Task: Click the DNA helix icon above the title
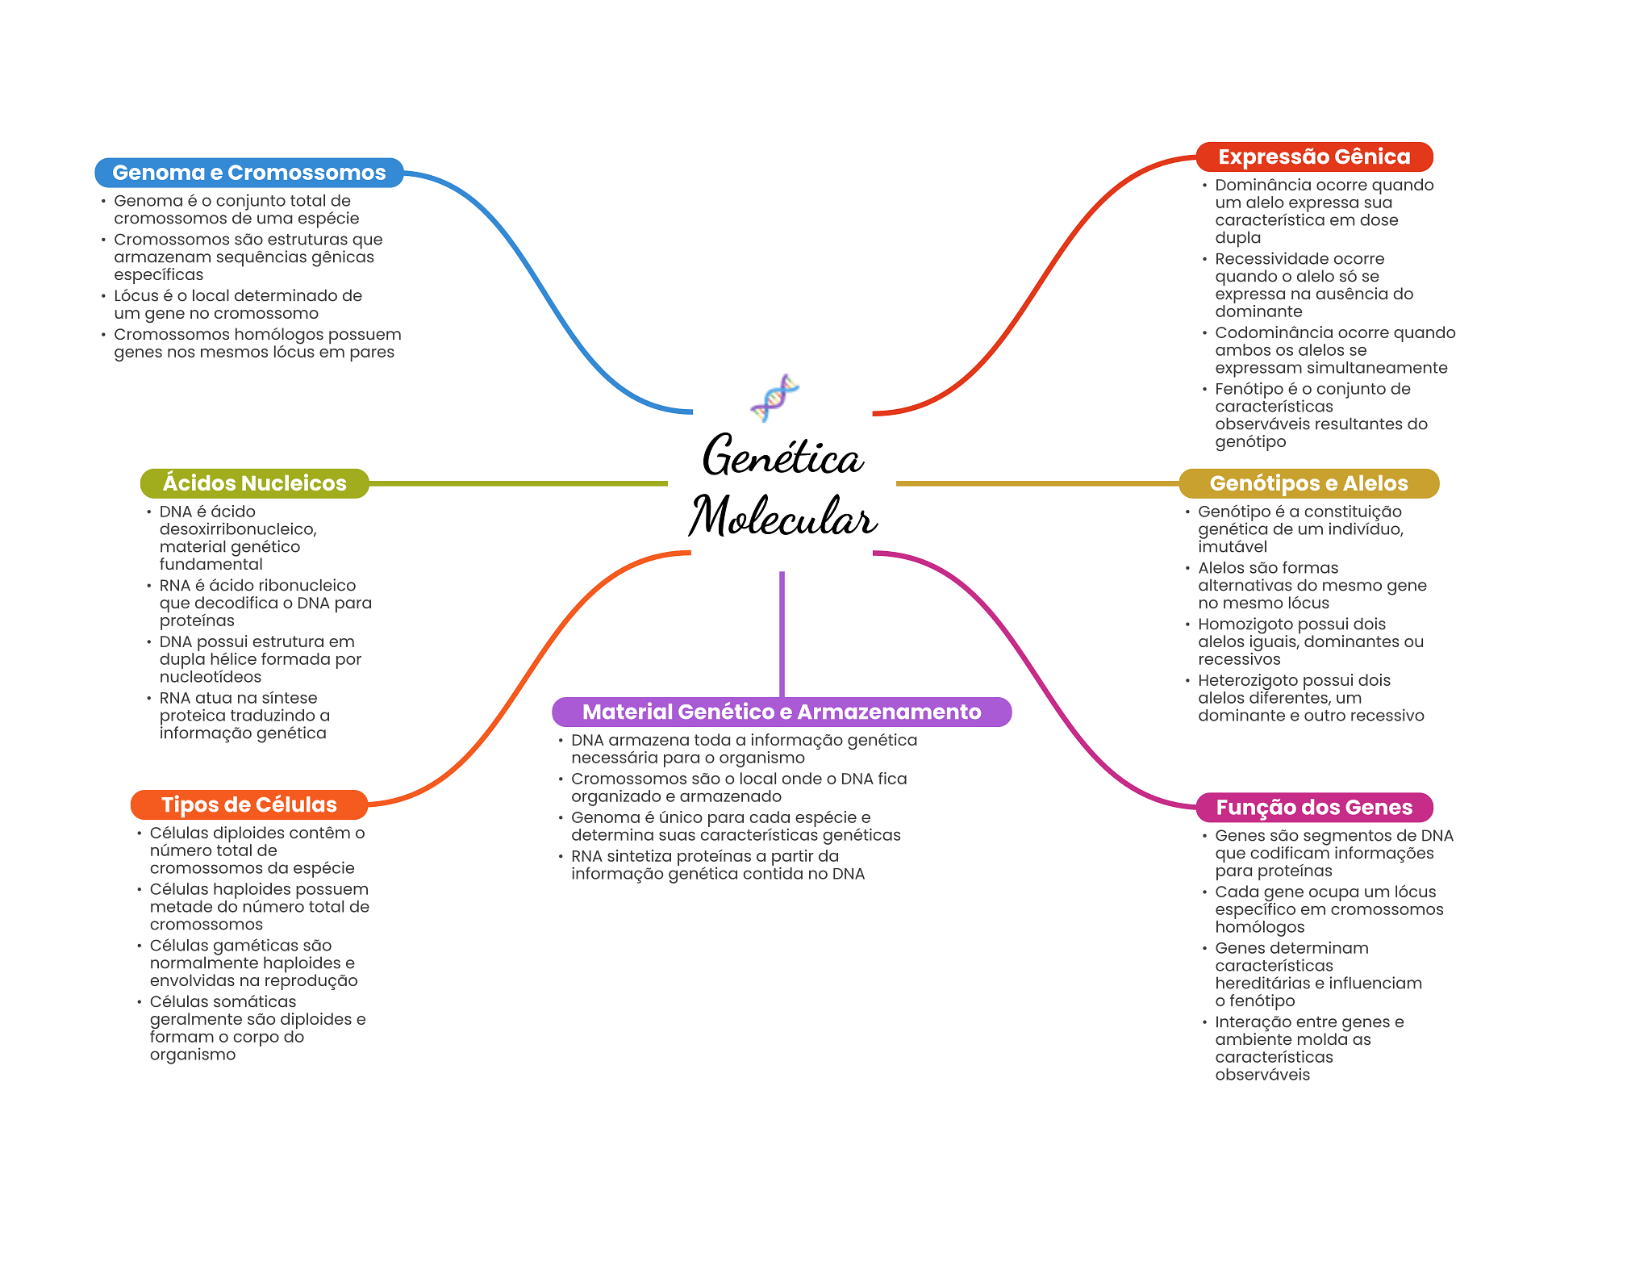tap(774, 397)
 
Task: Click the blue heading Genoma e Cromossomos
tap(248, 173)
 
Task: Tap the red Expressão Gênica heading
tap(1314, 157)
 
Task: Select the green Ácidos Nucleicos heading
tap(254, 483)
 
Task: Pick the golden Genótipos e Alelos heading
tap(1308, 483)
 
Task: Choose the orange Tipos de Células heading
tap(248, 804)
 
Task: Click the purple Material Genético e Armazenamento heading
tap(782, 712)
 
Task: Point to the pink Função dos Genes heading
tap(1314, 807)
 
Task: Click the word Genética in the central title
tap(782, 456)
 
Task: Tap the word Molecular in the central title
tap(782, 516)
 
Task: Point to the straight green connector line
tap(516, 483)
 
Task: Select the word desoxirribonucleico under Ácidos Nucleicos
tap(237, 529)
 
